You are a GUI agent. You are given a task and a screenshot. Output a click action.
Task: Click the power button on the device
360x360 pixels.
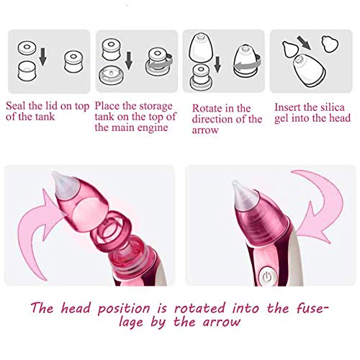267,276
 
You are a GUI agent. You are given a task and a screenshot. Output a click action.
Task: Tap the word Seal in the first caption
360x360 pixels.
16,106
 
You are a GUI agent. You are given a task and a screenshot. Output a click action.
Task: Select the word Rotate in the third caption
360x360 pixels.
206,109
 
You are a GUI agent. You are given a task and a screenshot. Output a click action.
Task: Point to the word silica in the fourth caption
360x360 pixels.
333,107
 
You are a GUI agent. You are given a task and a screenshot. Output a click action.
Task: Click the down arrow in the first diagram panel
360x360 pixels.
42,57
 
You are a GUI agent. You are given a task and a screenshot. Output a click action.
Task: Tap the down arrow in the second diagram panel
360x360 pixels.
129,60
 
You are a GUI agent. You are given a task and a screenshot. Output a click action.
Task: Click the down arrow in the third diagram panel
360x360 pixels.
217,64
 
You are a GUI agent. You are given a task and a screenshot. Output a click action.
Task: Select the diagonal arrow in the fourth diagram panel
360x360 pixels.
304,43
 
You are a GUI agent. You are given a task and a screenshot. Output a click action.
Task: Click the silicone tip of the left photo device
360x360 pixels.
63,185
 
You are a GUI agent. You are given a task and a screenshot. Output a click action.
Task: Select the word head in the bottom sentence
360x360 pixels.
76,308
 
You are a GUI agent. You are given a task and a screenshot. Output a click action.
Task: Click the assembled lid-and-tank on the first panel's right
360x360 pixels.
74,62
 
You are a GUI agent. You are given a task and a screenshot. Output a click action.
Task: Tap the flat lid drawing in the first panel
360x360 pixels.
27,48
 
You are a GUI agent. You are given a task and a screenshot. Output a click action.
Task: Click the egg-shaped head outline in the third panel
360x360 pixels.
201,48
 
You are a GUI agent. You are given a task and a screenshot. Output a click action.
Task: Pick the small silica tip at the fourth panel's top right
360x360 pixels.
330,44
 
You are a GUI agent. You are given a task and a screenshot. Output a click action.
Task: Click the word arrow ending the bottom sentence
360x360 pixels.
221,322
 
